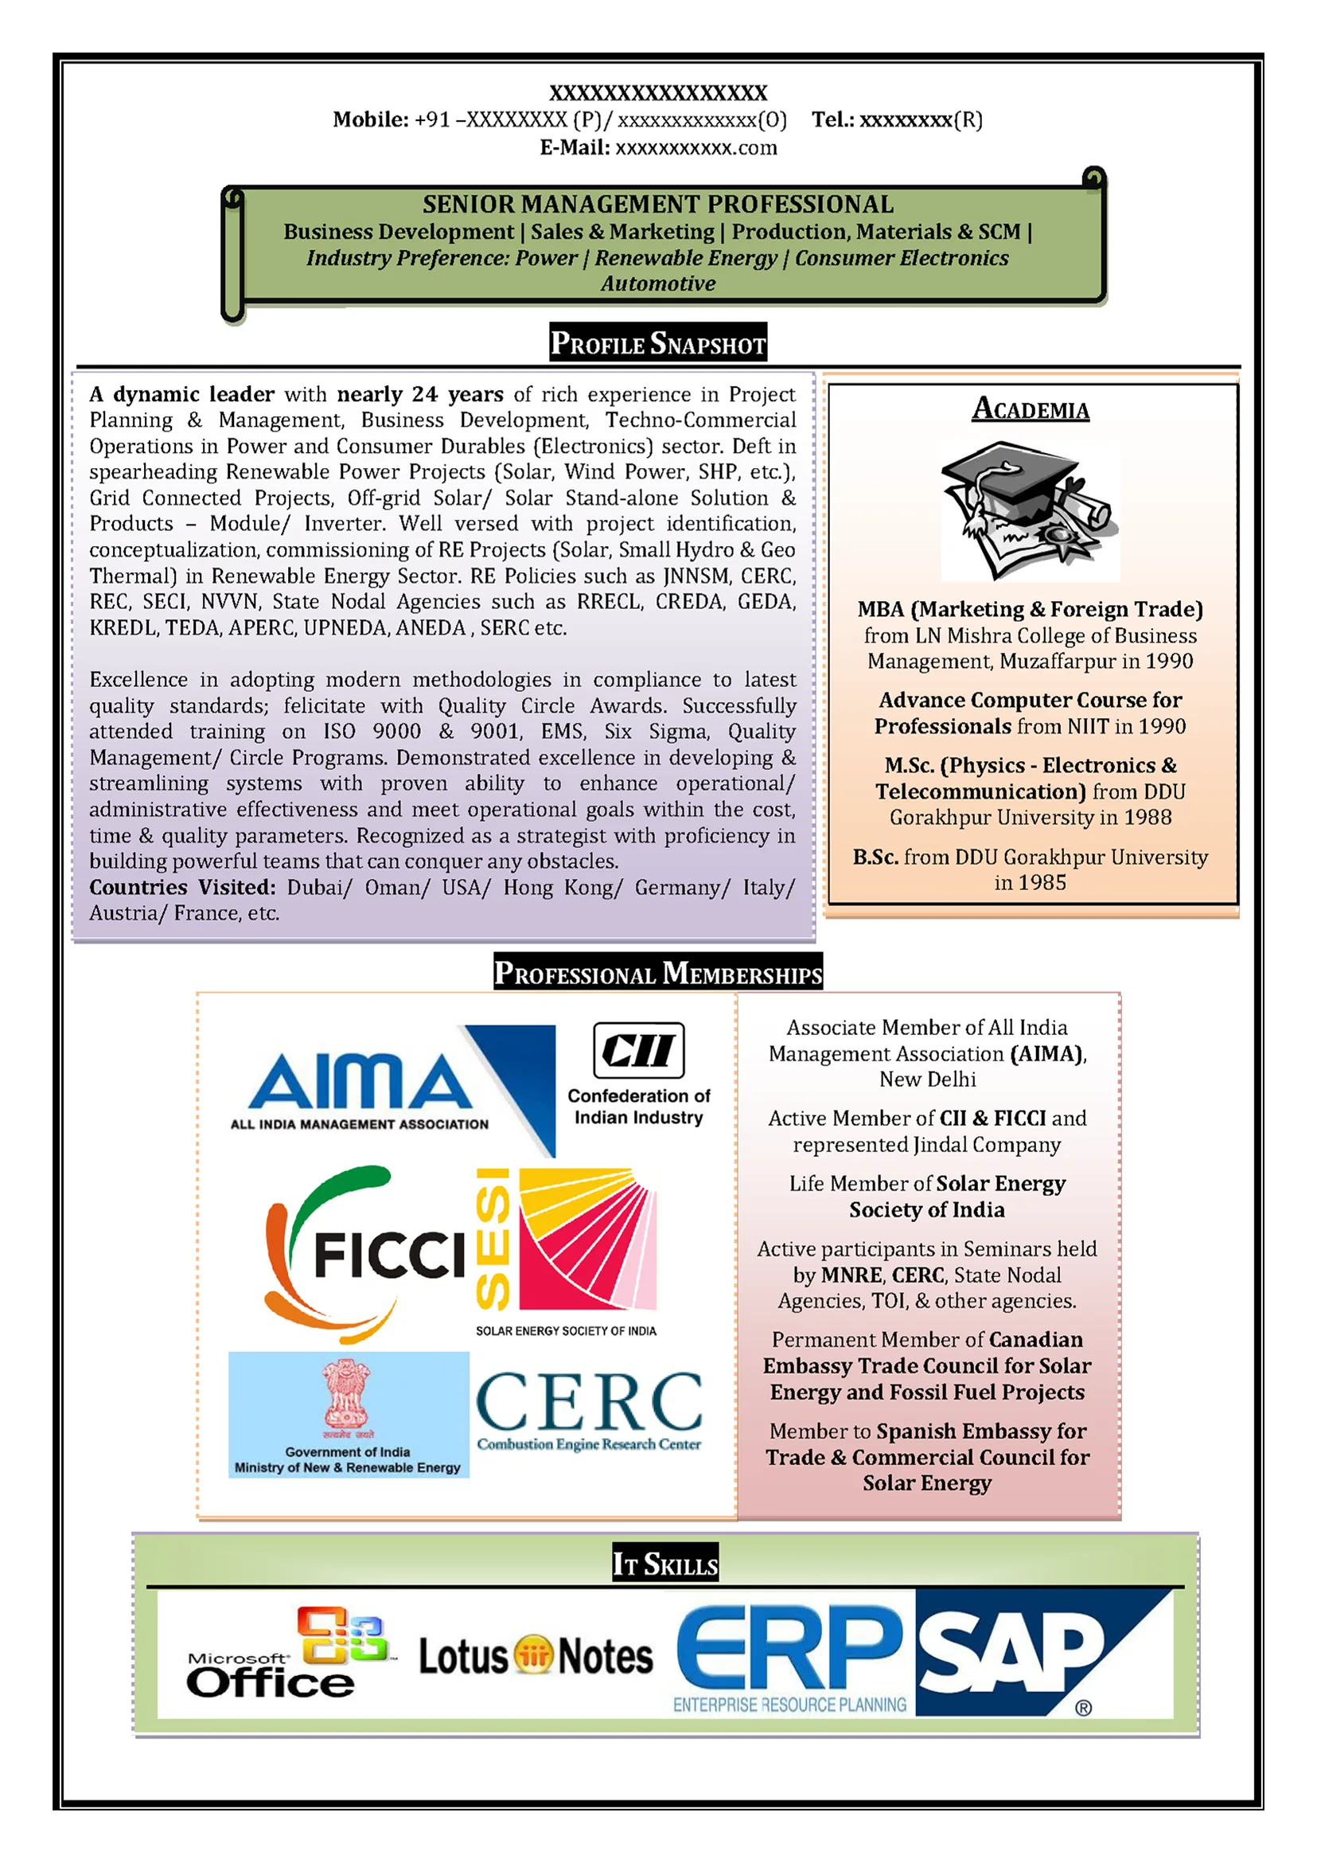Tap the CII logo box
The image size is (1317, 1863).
click(x=638, y=1049)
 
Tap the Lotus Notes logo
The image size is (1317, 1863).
click(x=536, y=1655)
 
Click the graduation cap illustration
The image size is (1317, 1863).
click(x=1028, y=510)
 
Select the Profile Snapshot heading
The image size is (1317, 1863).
click(x=657, y=343)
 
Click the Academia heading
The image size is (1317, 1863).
click(x=1030, y=409)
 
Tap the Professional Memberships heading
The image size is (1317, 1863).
click(x=657, y=973)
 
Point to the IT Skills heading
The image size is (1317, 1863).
click(x=665, y=1564)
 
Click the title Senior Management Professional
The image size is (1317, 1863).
click(x=657, y=205)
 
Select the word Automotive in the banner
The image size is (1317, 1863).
click(x=657, y=284)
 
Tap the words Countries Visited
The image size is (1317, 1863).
click(x=182, y=887)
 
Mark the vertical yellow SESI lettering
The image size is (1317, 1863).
click(x=493, y=1238)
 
